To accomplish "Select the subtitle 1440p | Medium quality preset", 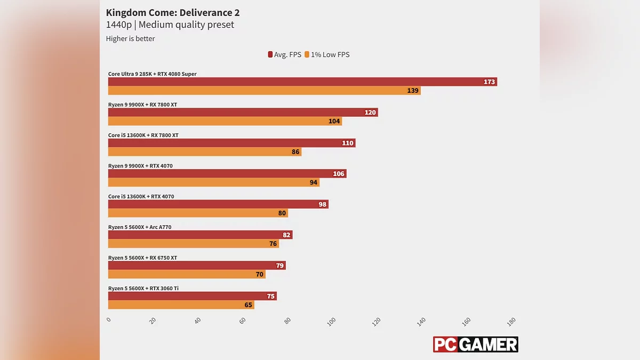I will [x=170, y=25].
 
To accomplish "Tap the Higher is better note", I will [x=130, y=38].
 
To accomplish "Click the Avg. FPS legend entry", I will [x=284, y=54].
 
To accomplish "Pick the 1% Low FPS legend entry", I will [x=327, y=54].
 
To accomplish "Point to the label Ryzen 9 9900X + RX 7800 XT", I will [x=142, y=105].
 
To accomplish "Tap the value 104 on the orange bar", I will [x=334, y=121].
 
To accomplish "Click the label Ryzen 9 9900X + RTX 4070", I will [x=140, y=166].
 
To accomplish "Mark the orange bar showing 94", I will [x=213, y=182].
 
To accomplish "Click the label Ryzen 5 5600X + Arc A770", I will [x=140, y=227].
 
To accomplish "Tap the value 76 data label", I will [x=273, y=244].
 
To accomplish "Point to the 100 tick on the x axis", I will [x=332, y=321].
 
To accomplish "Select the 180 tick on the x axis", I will [x=511, y=321].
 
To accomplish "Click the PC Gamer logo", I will [x=475, y=345].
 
